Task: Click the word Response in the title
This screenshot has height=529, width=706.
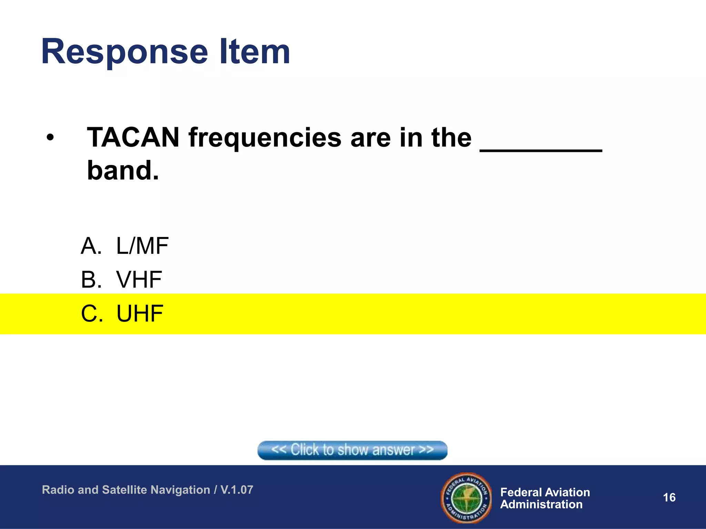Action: pos(124,52)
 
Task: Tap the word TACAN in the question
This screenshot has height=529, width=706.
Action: pos(133,137)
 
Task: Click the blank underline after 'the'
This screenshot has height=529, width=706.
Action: pos(541,149)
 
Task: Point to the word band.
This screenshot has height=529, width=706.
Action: pos(122,170)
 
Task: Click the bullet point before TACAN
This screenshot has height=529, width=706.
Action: pos(50,138)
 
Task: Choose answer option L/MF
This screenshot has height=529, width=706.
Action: pos(142,246)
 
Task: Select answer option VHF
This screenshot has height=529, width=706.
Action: pos(139,280)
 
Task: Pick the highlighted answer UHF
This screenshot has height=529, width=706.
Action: pos(140,314)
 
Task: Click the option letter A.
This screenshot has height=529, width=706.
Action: pos(91,246)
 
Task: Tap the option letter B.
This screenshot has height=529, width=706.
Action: pos(91,280)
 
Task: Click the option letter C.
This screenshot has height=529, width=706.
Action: pos(91,314)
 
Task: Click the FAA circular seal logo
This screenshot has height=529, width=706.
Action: pos(466,498)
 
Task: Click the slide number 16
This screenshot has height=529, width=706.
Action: pos(669,497)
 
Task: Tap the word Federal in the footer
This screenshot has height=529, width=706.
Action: pos(523,492)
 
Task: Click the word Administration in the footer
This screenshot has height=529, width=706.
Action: pos(541,505)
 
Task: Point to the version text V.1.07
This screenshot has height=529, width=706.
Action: pos(237,490)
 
